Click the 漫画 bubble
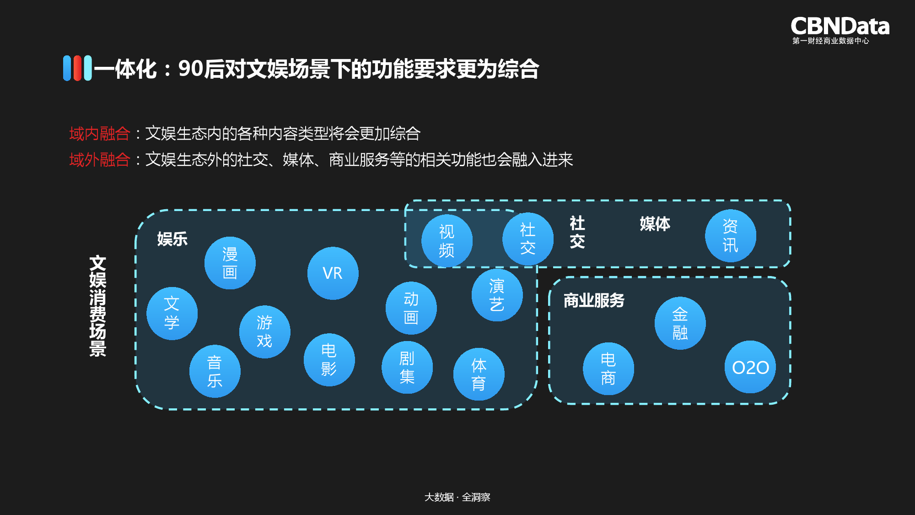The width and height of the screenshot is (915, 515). tap(230, 263)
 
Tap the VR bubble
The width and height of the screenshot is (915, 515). tap(333, 273)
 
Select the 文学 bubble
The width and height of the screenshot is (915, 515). tap(172, 314)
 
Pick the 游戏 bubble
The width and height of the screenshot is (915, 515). tap(264, 332)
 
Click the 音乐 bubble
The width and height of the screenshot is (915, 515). tap(215, 371)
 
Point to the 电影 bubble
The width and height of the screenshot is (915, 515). tap(329, 360)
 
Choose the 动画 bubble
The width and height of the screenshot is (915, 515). tap(411, 308)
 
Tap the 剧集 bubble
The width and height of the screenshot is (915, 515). tap(407, 367)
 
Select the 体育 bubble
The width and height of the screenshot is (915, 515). tap(479, 374)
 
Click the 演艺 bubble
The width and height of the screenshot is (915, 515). tap(497, 295)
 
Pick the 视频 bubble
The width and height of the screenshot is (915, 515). tap(447, 241)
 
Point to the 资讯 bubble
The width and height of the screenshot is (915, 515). tap(730, 236)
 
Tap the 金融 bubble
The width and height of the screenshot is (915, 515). tap(680, 323)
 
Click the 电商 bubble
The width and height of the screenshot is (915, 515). tap(608, 369)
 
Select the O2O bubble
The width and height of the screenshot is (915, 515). tap(750, 367)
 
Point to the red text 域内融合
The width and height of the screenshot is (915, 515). tap(100, 134)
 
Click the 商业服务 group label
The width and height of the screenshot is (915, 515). tap(594, 300)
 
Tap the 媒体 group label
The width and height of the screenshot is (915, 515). tap(655, 224)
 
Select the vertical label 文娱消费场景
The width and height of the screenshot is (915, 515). tap(98, 306)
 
